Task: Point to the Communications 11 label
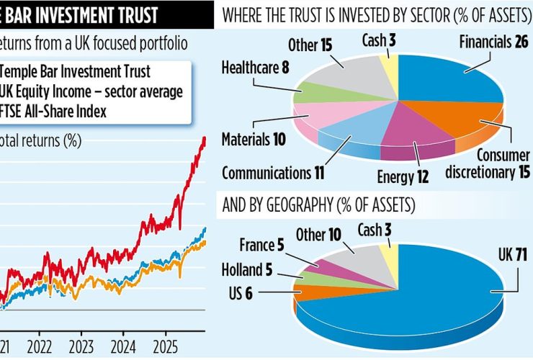[274, 173]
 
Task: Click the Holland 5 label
[249, 272]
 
